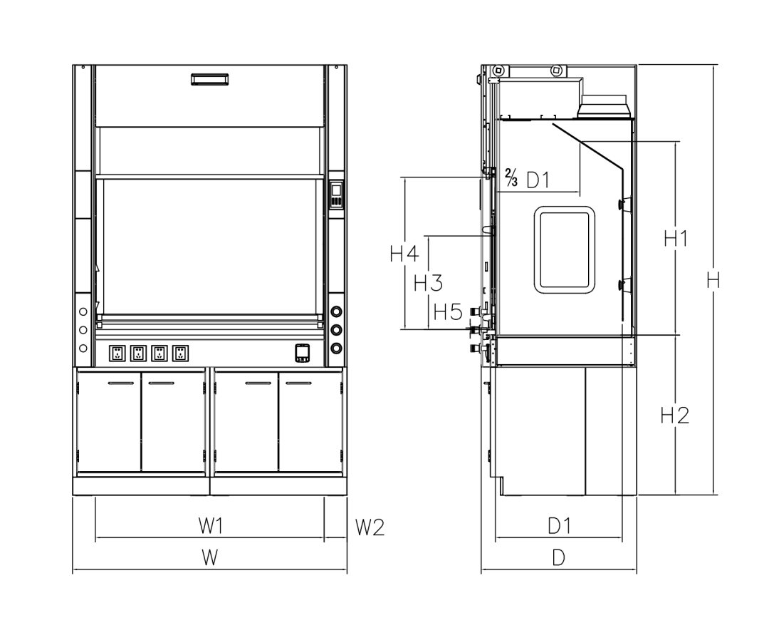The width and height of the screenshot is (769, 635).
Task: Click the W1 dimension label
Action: (211, 527)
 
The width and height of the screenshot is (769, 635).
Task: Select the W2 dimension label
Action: (370, 527)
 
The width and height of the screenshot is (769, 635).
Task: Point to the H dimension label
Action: (713, 280)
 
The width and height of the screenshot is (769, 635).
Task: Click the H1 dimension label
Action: (675, 239)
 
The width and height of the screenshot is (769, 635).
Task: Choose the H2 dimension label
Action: (674, 415)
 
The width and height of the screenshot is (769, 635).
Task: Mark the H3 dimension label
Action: (428, 283)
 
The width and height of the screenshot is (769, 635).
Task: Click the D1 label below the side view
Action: (559, 527)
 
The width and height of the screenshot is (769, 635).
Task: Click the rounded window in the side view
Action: (565, 249)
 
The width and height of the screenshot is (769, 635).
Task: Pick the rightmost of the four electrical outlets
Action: (180, 353)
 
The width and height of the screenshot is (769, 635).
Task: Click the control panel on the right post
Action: (337, 195)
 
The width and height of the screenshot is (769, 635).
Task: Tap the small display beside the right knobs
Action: (303, 353)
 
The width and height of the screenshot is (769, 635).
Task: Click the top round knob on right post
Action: (336, 313)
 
